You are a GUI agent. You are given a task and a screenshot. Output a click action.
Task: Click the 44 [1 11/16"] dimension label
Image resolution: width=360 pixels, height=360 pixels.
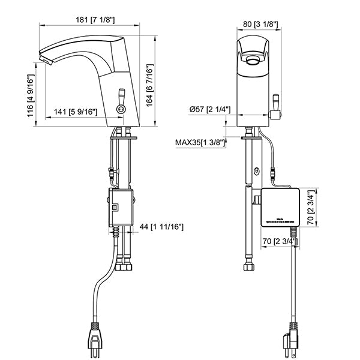click(x=161, y=227)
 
